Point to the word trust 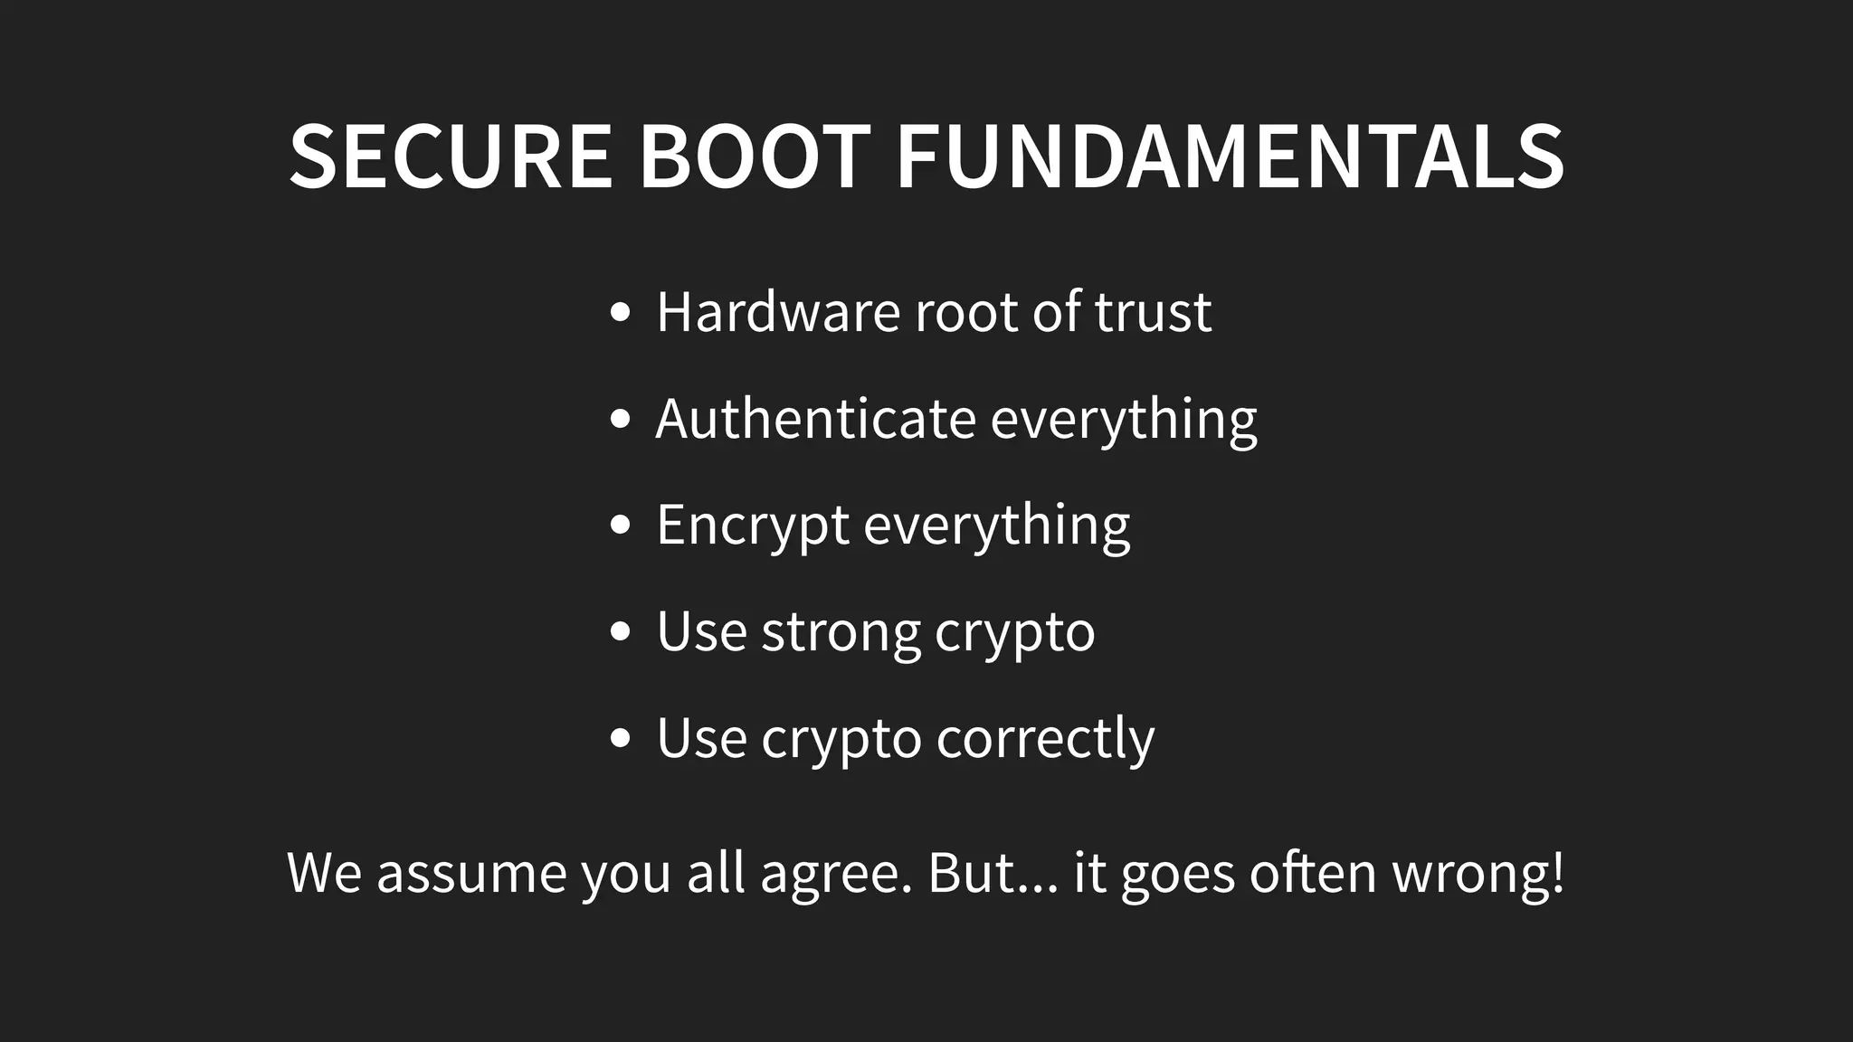(x=1153, y=312)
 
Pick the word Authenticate (x=815, y=419)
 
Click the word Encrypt (x=752, y=526)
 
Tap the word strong (x=841, y=631)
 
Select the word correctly (x=1045, y=739)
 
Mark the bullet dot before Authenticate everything (x=620, y=420)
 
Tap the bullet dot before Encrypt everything (x=620, y=526)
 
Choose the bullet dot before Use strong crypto (x=620, y=632)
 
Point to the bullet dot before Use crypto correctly (x=620, y=738)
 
